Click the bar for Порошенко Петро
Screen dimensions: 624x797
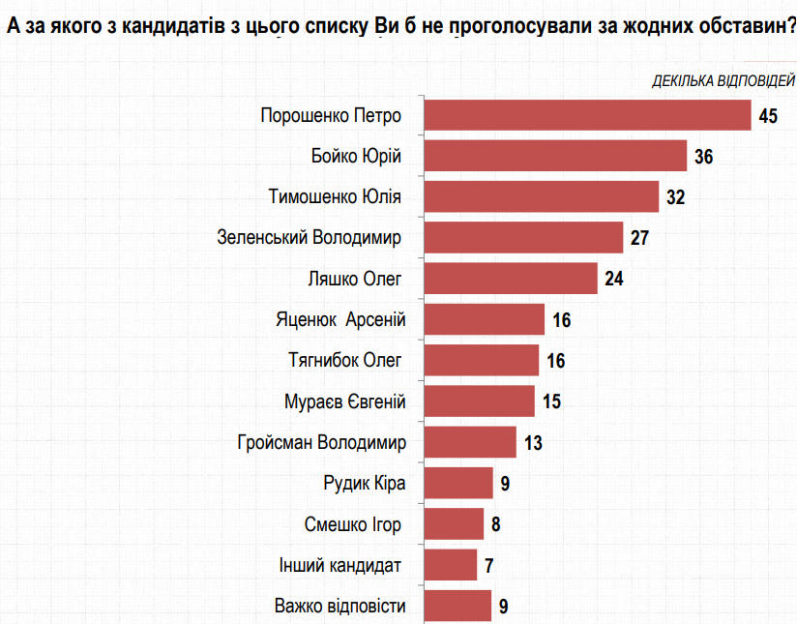[588, 115]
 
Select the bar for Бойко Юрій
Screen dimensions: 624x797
[555, 156]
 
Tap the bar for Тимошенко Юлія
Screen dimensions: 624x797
[542, 196]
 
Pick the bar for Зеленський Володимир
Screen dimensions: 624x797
[523, 237]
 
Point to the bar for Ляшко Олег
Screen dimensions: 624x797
[511, 279]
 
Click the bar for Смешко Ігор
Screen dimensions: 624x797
[454, 524]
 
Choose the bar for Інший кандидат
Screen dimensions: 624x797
[451, 565]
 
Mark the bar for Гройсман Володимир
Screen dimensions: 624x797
[470, 442]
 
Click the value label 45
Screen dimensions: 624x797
[769, 116]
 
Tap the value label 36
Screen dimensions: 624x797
[703, 157]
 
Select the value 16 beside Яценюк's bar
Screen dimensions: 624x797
[561, 320]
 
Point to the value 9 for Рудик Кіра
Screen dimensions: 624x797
[504, 484]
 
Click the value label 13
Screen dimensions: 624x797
[533, 443]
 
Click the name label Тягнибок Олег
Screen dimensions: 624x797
[344, 361]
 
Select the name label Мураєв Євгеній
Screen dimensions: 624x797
[343, 401]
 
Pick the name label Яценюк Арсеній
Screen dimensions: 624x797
[339, 319]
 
